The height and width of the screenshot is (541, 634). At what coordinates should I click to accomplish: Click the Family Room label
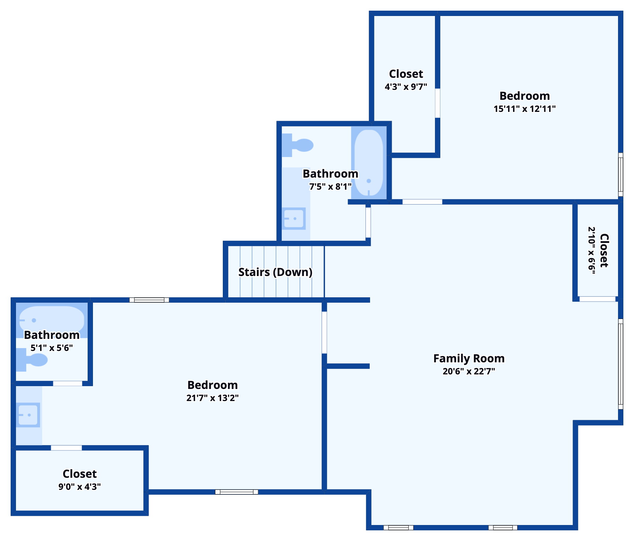469,358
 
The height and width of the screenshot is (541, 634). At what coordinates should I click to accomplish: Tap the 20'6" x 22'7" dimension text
469,371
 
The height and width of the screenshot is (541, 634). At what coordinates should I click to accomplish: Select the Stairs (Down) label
275,272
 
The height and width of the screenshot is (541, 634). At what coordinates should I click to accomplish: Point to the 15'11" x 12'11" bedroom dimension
524,109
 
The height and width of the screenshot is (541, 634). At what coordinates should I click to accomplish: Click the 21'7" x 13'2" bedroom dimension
213,398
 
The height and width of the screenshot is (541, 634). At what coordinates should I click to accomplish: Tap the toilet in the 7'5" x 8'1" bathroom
298,145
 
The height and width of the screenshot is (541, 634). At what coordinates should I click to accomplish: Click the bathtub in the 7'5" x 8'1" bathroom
369,163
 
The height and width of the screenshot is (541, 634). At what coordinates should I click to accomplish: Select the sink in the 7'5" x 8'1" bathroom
294,218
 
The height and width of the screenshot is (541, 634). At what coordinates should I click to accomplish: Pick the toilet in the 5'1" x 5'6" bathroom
32,360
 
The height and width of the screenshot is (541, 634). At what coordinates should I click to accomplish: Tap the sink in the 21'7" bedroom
28,415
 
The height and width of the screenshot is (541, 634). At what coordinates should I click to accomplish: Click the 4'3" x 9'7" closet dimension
406,87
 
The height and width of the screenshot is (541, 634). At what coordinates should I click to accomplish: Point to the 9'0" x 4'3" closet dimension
79,487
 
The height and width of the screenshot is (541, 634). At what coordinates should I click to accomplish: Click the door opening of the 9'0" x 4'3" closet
66,448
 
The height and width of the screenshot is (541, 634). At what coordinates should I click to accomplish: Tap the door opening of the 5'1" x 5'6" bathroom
67,383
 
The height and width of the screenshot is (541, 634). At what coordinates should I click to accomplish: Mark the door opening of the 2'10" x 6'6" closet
597,299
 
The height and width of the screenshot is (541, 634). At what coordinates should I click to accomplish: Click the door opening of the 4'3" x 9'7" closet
437,103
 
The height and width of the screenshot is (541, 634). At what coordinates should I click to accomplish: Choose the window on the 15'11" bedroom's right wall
621,174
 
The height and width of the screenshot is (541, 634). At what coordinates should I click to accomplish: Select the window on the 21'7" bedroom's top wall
149,300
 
